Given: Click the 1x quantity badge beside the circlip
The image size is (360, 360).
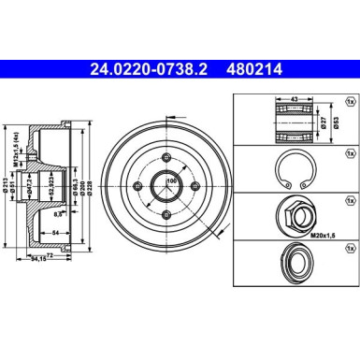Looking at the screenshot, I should [349, 151].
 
